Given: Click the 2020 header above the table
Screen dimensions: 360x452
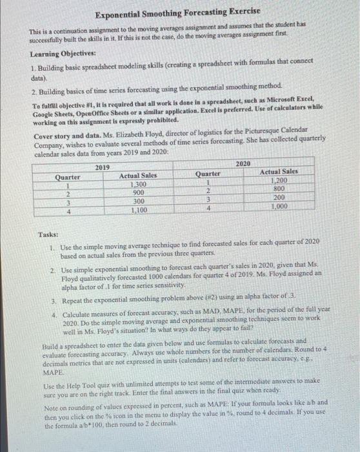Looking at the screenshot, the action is (x=244, y=164).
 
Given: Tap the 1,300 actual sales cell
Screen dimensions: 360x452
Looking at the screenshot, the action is (x=139, y=184).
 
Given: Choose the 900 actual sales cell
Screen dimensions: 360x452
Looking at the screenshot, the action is (x=139, y=192).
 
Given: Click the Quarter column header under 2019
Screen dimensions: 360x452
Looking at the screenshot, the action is (x=68, y=176).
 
